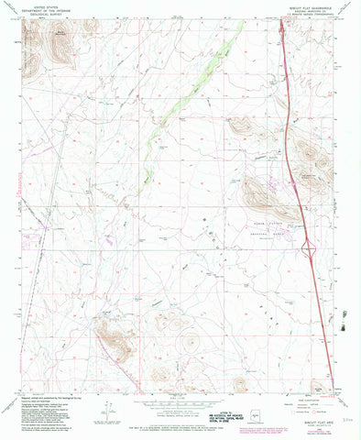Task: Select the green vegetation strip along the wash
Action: (x=197, y=82)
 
